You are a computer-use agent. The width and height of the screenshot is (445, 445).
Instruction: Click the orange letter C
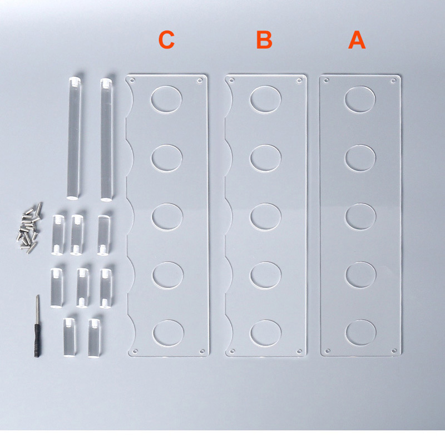tap(166, 40)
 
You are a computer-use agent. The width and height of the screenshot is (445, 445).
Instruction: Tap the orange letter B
tap(264, 40)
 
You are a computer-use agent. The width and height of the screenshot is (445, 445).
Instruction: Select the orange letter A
tap(357, 40)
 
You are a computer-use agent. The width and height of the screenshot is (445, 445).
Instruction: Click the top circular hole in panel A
tap(360, 100)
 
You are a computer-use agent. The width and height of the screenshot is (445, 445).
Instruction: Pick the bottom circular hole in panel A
tap(361, 333)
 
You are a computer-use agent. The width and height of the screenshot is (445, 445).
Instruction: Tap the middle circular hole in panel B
tap(266, 216)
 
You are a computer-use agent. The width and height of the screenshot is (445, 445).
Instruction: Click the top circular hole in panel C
tap(166, 100)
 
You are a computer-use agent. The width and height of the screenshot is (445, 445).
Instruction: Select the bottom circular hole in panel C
tap(169, 333)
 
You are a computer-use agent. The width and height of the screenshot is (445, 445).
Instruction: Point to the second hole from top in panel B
tap(266, 158)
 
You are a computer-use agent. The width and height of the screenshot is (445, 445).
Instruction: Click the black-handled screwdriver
tap(37, 327)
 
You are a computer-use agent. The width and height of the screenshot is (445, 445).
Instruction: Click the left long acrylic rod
tap(74, 138)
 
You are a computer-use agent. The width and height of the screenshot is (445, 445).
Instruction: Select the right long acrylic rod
tap(106, 140)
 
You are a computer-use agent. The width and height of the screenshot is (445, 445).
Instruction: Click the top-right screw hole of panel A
tap(393, 81)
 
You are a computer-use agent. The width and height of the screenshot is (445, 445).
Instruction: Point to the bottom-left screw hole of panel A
tap(328, 351)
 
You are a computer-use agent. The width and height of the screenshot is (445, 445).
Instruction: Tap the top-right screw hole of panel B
tap(299, 81)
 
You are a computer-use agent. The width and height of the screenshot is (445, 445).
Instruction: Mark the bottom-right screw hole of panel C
tap(202, 352)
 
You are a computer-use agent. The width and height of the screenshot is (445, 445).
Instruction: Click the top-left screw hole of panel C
tap(131, 81)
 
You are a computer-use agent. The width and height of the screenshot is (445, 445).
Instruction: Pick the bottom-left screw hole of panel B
tap(232, 352)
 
